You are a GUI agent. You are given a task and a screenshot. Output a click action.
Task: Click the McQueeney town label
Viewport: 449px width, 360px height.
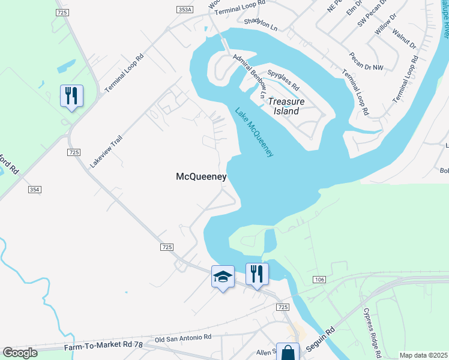(x=201, y=176)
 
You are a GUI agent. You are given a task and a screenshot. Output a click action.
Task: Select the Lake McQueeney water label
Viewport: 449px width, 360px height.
(x=255, y=133)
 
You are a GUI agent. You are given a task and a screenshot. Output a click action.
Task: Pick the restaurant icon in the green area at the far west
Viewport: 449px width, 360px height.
(x=71, y=95)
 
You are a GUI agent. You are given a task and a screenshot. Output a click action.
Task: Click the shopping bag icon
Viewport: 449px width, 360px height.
(x=288, y=352)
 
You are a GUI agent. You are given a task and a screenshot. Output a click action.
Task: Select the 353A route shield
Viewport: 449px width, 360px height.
(x=185, y=10)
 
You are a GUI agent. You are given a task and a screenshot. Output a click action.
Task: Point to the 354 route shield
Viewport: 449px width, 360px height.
(x=34, y=190)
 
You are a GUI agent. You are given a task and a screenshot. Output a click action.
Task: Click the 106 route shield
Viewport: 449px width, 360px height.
(x=319, y=280)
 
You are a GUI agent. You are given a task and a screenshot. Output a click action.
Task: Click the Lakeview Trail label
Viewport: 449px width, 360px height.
(x=106, y=151)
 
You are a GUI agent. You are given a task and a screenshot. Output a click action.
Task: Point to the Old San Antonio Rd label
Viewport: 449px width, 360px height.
(x=183, y=338)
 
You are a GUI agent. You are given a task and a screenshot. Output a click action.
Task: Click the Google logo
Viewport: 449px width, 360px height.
(x=20, y=352)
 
